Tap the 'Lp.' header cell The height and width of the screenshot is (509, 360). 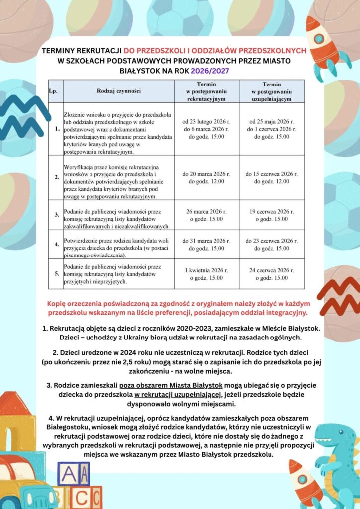tap(54, 91)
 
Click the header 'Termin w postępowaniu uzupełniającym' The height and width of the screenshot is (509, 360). tap(271, 91)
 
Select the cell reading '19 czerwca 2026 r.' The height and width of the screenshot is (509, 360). tap(271, 215)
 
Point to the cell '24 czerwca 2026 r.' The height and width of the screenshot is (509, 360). tap(271, 274)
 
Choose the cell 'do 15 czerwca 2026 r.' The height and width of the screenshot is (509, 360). tap(271, 178)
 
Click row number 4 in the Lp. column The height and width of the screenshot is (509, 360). tap(57, 245)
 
